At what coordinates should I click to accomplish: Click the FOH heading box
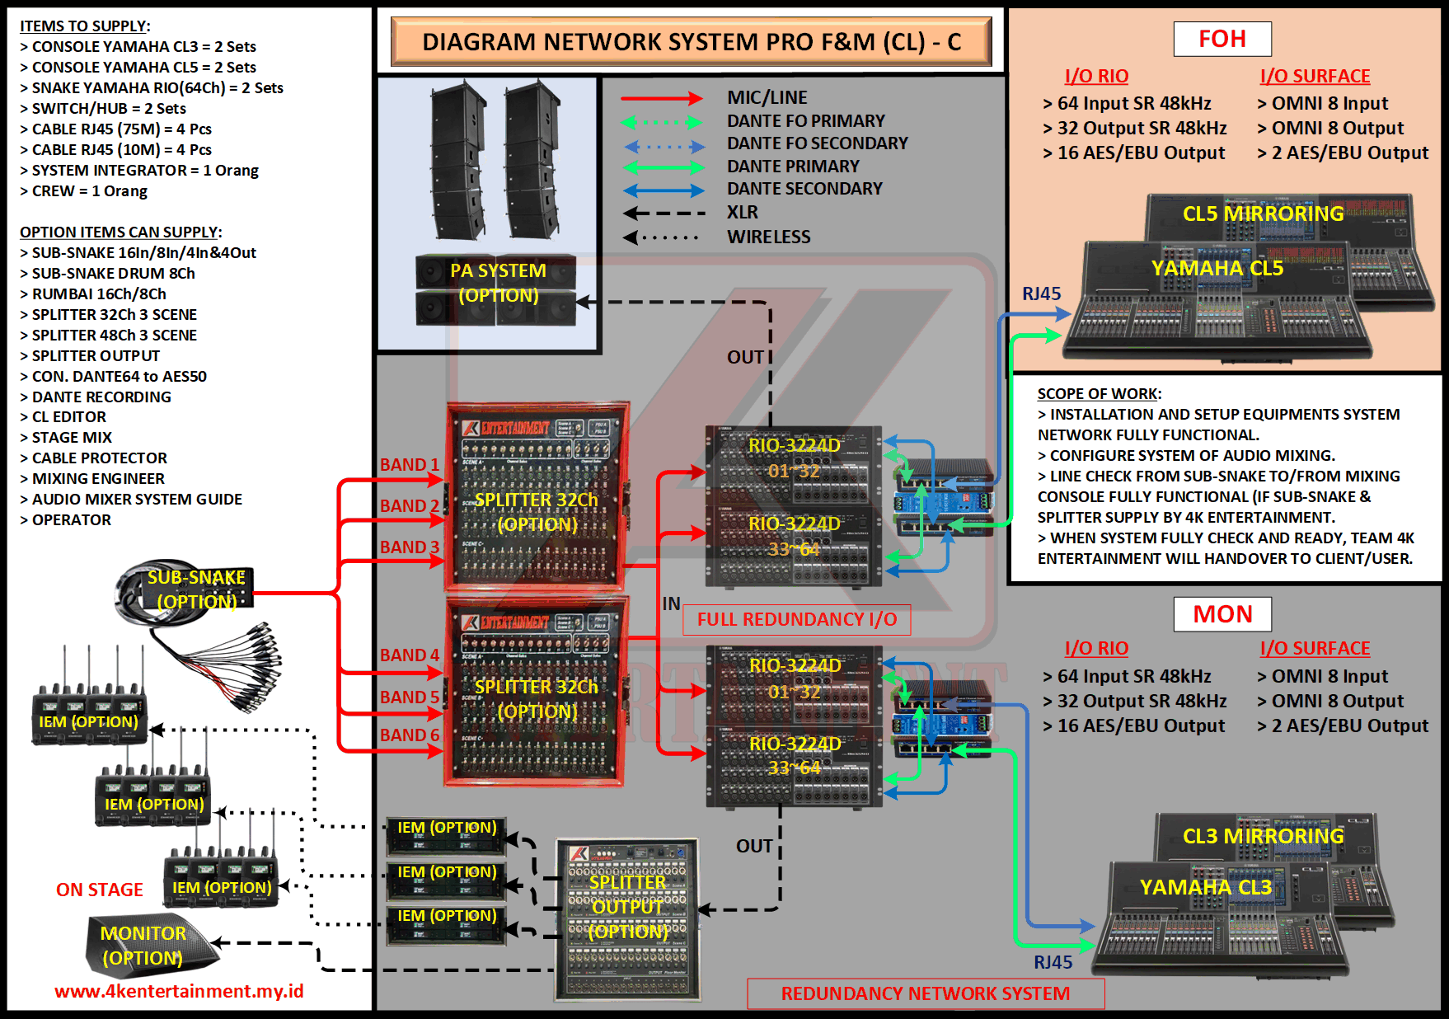(x=1222, y=39)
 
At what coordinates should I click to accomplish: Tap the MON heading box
(x=1222, y=614)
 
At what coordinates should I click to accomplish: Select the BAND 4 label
(x=410, y=655)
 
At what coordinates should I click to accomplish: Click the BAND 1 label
(x=410, y=465)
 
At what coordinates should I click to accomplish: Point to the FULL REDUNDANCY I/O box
(x=796, y=620)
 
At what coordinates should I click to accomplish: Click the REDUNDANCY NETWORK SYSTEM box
(x=925, y=993)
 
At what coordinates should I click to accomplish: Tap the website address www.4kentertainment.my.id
(x=179, y=991)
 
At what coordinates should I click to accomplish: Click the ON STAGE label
(x=100, y=890)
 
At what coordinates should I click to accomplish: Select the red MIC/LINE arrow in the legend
(x=661, y=99)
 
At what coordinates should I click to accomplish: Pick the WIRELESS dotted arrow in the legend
(x=661, y=237)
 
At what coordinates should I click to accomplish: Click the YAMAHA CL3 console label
(x=1205, y=887)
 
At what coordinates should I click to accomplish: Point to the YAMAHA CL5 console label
(x=1217, y=268)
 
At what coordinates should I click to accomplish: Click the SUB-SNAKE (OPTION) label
(x=196, y=589)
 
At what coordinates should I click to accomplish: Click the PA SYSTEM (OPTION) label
(x=498, y=283)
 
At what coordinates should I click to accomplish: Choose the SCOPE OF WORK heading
(x=1099, y=394)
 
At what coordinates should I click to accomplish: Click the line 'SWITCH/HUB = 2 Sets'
(x=108, y=109)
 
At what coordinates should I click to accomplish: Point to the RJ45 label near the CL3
(x=1053, y=962)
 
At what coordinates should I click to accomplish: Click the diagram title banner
(x=691, y=42)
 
